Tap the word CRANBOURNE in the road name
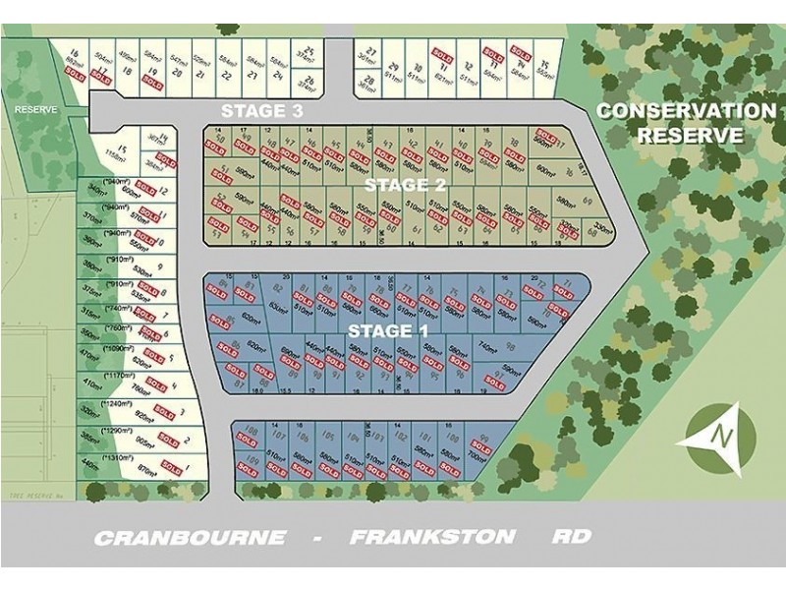[190, 537]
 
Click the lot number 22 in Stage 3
[228, 73]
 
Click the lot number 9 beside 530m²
[160, 269]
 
